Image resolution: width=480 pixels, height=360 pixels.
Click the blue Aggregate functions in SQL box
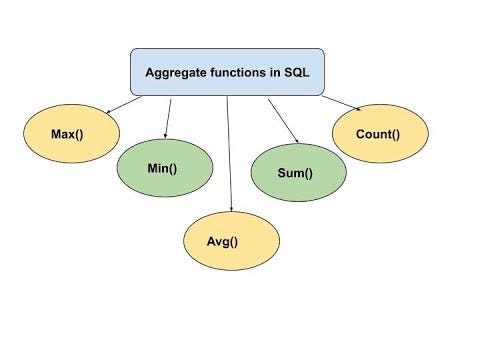(227, 72)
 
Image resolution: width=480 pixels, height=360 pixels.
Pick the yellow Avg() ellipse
(230, 241)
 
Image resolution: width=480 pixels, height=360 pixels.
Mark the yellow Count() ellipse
(379, 133)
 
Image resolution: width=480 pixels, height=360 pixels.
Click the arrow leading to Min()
(167, 117)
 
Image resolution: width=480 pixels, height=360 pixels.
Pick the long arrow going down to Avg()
(229, 150)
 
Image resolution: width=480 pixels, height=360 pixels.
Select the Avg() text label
(230, 241)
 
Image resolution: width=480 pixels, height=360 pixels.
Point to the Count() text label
(379, 132)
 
